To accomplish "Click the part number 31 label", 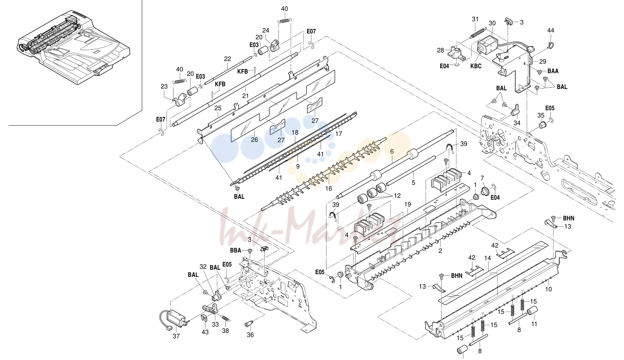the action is click(x=475, y=19).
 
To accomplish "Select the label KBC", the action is click(x=476, y=66).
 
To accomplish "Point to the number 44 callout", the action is click(x=550, y=30).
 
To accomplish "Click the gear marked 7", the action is click(x=485, y=191).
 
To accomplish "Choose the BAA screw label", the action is click(x=553, y=71).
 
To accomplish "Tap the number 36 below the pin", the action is click(x=250, y=335).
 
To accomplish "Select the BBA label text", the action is click(x=235, y=251).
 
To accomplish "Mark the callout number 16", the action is click(x=329, y=189).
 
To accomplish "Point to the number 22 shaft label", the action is click(x=228, y=59).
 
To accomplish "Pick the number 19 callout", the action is click(x=408, y=205).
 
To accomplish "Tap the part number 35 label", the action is click(x=541, y=115).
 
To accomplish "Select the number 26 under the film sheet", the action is click(x=254, y=140).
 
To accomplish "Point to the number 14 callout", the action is click(x=487, y=258).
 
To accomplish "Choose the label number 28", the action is click(x=440, y=50).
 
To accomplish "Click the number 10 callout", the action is click(x=548, y=289).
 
